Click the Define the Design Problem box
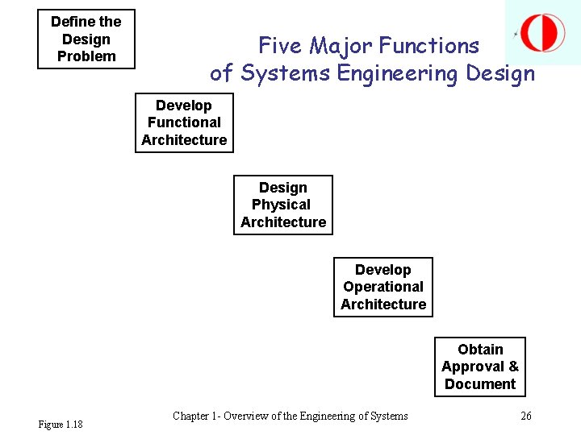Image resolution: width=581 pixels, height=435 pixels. [x=86, y=39]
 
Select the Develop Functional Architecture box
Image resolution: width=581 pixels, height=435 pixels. [x=184, y=122]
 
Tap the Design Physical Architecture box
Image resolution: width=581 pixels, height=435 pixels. [x=283, y=205]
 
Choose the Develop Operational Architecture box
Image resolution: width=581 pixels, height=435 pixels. [x=383, y=287]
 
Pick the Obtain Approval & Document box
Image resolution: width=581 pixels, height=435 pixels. [x=480, y=367]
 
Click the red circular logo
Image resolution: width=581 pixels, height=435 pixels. [x=542, y=33]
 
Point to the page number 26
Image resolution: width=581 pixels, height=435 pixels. [x=526, y=416]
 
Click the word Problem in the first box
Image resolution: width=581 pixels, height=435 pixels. [x=86, y=56]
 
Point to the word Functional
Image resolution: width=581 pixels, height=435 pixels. [x=184, y=122]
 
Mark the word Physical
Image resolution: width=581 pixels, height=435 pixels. [x=281, y=205]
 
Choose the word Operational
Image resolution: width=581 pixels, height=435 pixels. [x=383, y=287]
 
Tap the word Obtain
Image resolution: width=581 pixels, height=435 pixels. [x=480, y=350]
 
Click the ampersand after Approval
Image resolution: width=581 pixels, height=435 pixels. [x=513, y=367]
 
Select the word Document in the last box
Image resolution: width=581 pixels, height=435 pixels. [x=480, y=384]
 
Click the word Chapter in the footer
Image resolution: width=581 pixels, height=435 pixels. [x=192, y=416]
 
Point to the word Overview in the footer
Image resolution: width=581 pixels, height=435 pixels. [x=248, y=416]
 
